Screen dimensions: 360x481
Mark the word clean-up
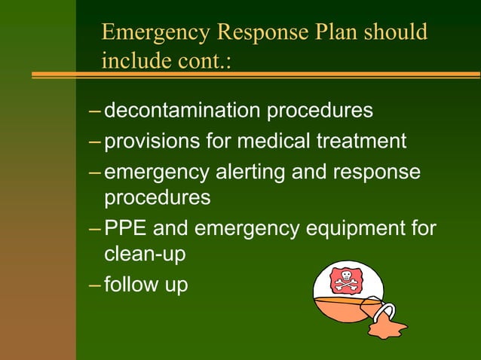pos(145,255)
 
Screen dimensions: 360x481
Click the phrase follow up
pos(146,286)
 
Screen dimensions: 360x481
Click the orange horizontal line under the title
pos(256,75)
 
